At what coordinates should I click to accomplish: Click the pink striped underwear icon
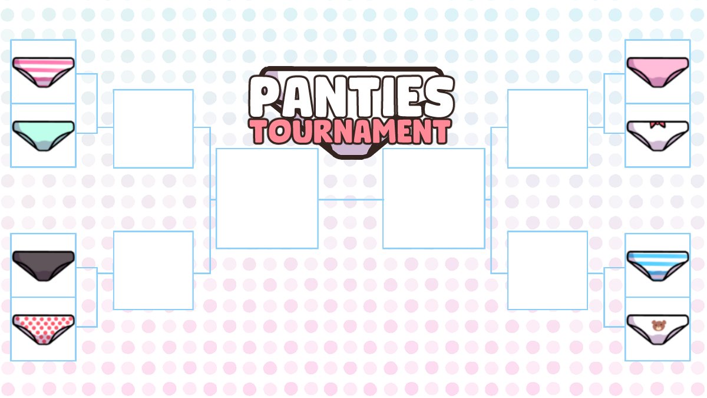(x=44, y=72)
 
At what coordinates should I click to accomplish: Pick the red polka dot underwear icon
(x=44, y=328)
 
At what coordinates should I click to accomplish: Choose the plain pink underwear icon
(x=658, y=72)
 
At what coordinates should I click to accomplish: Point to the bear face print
(x=658, y=325)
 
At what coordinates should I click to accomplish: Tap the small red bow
(x=658, y=124)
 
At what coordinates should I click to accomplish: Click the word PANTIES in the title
(x=351, y=97)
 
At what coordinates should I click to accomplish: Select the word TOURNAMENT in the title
(x=351, y=131)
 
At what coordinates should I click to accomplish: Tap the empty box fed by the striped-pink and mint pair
(x=153, y=129)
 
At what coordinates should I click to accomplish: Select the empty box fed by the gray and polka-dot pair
(x=153, y=270)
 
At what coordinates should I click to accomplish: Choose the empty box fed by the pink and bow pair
(x=547, y=129)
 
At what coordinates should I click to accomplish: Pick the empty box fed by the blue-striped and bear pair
(x=547, y=270)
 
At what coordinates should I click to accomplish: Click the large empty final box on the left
(x=267, y=198)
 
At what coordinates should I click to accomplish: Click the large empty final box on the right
(x=434, y=198)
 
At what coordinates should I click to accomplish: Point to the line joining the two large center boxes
(x=351, y=199)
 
